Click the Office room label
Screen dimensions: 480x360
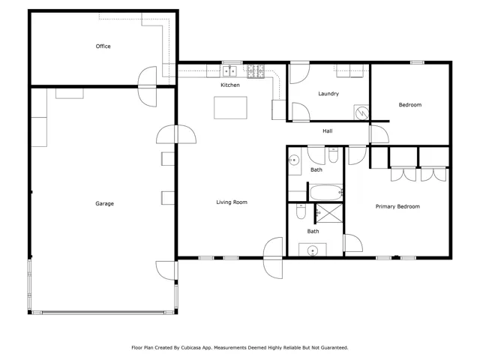pos(103,46)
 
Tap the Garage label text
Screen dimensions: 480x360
pos(105,203)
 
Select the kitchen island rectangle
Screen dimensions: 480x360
pos(230,107)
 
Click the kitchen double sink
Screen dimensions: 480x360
pos(229,71)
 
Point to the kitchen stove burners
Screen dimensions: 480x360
pos(256,71)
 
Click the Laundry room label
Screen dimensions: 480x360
pos(328,94)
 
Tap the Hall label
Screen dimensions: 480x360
pos(328,131)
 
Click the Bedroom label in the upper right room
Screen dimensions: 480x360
pos(410,105)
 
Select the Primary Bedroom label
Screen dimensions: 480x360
pos(397,207)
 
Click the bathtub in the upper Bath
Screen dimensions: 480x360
pos(326,192)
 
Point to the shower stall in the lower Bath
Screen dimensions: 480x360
pos(329,213)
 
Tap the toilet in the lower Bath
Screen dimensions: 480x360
pos(301,211)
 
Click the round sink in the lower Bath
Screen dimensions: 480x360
pos(313,250)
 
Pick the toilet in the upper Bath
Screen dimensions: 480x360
pos(333,155)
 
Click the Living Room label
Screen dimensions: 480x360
pos(232,202)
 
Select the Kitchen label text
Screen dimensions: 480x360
pos(230,85)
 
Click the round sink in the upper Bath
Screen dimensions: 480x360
pos(294,160)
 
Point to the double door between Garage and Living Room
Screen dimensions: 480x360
pos(176,134)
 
